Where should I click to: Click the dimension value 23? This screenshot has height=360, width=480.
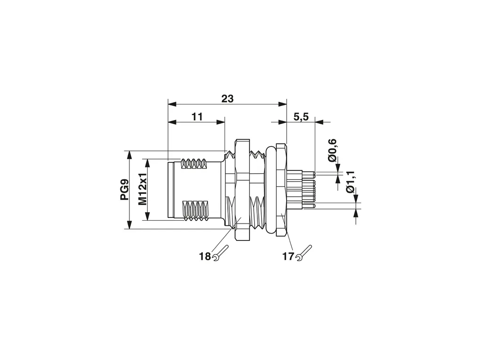click(227, 98)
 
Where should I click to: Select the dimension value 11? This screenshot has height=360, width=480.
click(197, 117)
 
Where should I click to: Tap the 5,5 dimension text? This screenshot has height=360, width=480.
click(301, 117)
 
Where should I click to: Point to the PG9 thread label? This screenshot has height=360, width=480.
click(124, 190)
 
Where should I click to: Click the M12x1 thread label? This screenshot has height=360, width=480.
click(143, 190)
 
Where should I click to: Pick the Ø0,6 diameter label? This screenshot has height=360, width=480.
click(332, 150)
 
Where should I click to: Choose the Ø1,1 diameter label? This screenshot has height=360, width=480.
click(350, 182)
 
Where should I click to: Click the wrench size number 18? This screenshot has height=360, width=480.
click(205, 256)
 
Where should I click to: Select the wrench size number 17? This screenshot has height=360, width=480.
click(288, 256)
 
